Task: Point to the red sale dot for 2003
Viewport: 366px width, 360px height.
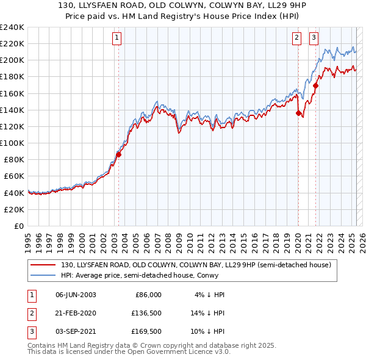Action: (x=119, y=154)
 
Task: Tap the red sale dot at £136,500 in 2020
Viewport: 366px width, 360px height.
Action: (x=298, y=113)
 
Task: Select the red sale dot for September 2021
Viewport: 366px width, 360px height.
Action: (x=315, y=85)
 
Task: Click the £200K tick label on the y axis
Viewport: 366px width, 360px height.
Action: (x=12, y=60)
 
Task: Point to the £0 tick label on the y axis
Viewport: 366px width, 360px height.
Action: (x=19, y=226)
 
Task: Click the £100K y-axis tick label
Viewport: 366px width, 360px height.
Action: (x=12, y=143)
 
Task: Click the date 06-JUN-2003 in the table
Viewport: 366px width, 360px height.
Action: (x=76, y=295)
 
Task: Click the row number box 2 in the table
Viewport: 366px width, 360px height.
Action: (x=31, y=313)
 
